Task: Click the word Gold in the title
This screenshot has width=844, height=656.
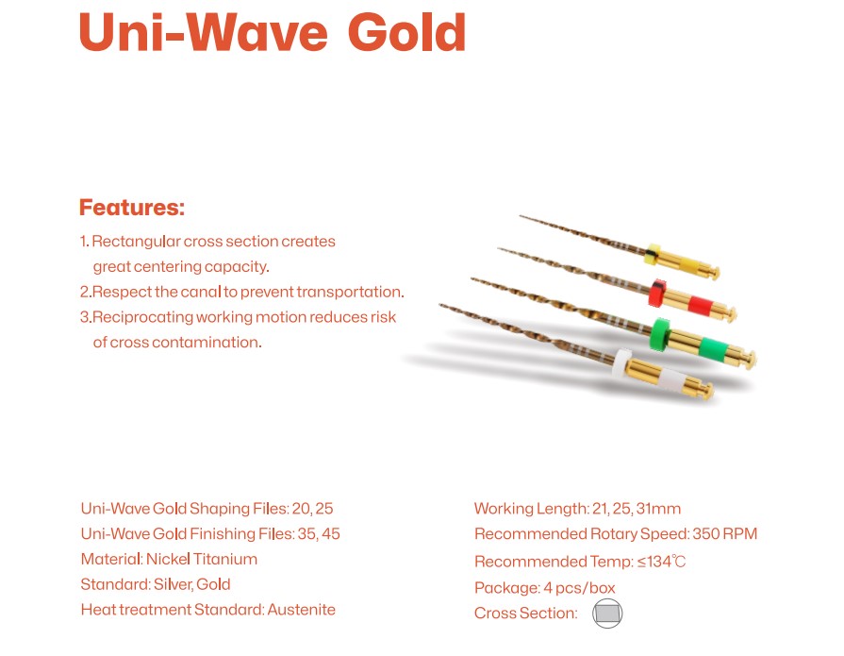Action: tap(407, 32)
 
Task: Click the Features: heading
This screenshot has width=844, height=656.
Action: tap(132, 208)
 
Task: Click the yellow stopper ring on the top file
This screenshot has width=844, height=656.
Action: tap(653, 254)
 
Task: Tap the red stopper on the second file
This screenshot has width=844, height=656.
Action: tap(657, 294)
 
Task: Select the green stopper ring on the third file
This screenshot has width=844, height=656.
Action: tap(660, 334)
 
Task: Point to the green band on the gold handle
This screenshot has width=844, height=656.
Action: tap(713, 348)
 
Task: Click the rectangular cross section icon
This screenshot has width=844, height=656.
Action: tap(607, 614)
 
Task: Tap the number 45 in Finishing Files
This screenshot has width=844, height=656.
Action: tap(331, 534)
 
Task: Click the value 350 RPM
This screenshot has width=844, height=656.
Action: tap(724, 534)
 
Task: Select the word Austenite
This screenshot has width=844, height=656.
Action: tap(302, 610)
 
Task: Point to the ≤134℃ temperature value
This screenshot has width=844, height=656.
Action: tap(662, 563)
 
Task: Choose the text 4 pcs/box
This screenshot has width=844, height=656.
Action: tap(579, 588)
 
